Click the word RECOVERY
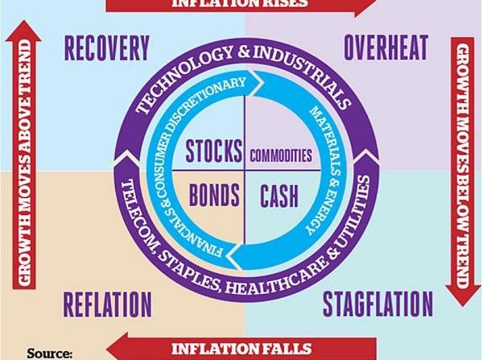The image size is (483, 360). (107, 48)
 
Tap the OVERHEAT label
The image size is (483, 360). (386, 48)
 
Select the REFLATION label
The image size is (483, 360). (108, 304)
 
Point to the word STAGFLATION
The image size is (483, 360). (378, 304)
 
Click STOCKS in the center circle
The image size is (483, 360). (214, 151)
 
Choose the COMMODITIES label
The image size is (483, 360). (281, 155)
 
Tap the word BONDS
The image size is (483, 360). (214, 195)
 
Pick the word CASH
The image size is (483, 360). (279, 196)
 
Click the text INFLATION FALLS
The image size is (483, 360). (242, 349)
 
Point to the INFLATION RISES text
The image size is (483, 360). (239, 3)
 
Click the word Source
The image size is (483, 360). (50, 354)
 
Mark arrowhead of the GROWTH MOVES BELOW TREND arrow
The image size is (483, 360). (463, 296)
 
